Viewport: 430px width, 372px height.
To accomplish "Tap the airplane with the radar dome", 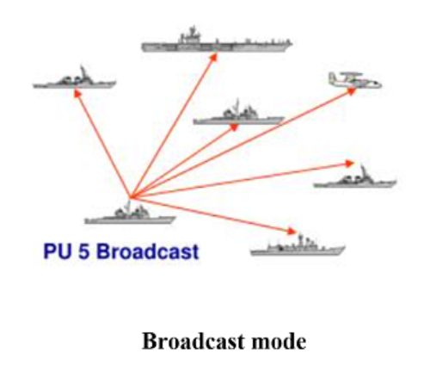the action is click(x=355, y=80).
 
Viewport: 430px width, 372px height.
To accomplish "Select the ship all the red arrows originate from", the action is click(x=130, y=214).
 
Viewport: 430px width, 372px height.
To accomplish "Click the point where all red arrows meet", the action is click(x=130, y=198).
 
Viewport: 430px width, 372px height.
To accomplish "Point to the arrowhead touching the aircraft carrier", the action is click(x=213, y=57).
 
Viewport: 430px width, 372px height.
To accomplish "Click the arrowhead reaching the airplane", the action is click(x=351, y=91).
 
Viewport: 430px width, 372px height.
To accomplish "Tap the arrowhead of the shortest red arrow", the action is click(x=234, y=127).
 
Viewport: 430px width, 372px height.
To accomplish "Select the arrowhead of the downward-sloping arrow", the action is click(x=292, y=231).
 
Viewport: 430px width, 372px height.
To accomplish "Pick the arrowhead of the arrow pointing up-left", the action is click(x=77, y=93).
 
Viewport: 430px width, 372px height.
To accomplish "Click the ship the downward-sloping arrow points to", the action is click(x=298, y=247).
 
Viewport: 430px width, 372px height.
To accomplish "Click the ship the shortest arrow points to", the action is click(x=239, y=114).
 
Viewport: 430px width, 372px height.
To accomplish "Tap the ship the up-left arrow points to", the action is click(x=74, y=78).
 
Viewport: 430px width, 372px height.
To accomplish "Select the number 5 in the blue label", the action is click(x=83, y=251).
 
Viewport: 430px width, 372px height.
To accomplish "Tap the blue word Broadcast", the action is click(x=147, y=251).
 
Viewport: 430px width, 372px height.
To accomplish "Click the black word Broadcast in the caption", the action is click(x=193, y=341).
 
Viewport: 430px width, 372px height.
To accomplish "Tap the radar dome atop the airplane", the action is click(x=352, y=74).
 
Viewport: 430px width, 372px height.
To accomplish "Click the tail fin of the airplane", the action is click(x=332, y=77).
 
